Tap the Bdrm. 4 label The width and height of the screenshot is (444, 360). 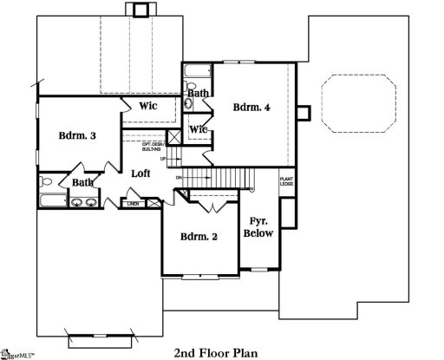tap(252, 108)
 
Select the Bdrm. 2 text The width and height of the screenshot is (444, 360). tap(199, 237)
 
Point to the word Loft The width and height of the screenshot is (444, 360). tap(140, 173)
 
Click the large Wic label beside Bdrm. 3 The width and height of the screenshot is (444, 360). tap(148, 106)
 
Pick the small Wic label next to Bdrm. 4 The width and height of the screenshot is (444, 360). tap(199, 130)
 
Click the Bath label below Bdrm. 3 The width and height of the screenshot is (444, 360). tap(83, 182)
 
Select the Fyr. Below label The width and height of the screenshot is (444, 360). tap(258, 226)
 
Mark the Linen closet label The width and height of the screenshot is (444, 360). tap(133, 204)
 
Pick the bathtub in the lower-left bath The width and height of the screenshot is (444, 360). tap(50, 203)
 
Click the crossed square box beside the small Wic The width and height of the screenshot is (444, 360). tap(173, 137)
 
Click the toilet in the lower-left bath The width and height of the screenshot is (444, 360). tap(49, 182)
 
